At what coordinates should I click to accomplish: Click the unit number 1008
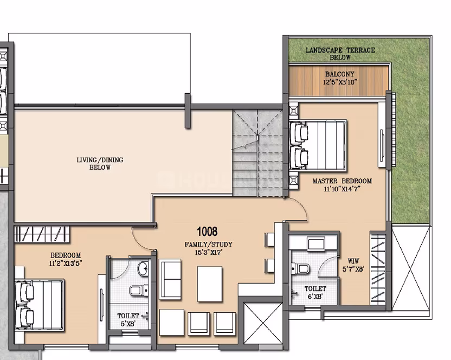207,232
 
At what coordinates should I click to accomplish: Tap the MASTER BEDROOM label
342,181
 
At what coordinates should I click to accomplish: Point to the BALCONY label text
340,74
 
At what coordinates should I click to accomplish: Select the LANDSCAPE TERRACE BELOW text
340,54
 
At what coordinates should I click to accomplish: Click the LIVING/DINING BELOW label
100,163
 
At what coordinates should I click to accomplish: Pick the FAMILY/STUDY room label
208,245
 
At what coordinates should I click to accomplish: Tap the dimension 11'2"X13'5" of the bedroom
66,263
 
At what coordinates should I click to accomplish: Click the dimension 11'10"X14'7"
342,189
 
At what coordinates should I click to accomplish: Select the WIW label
353,261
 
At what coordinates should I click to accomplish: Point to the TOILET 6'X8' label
315,292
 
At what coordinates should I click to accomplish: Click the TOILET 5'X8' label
128,320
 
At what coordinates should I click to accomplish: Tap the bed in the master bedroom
318,145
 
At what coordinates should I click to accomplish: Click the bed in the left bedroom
40,305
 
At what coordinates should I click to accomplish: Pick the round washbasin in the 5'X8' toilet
143,269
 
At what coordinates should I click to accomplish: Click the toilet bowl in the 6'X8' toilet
300,269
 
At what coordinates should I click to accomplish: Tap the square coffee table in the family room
210,284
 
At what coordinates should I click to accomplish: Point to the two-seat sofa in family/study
170,279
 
